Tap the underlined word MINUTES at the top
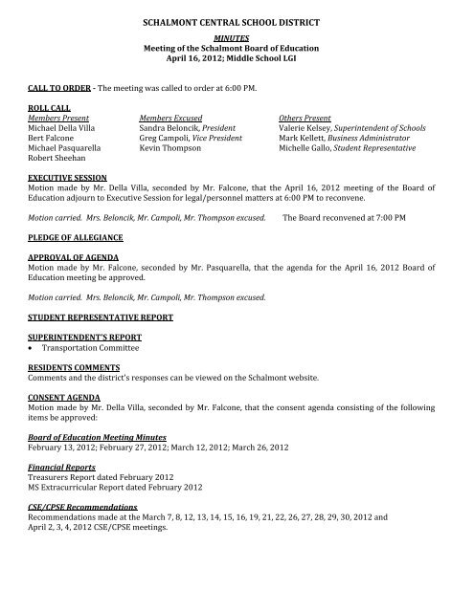click(237, 34)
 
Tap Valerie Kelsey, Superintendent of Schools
click(347, 127)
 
